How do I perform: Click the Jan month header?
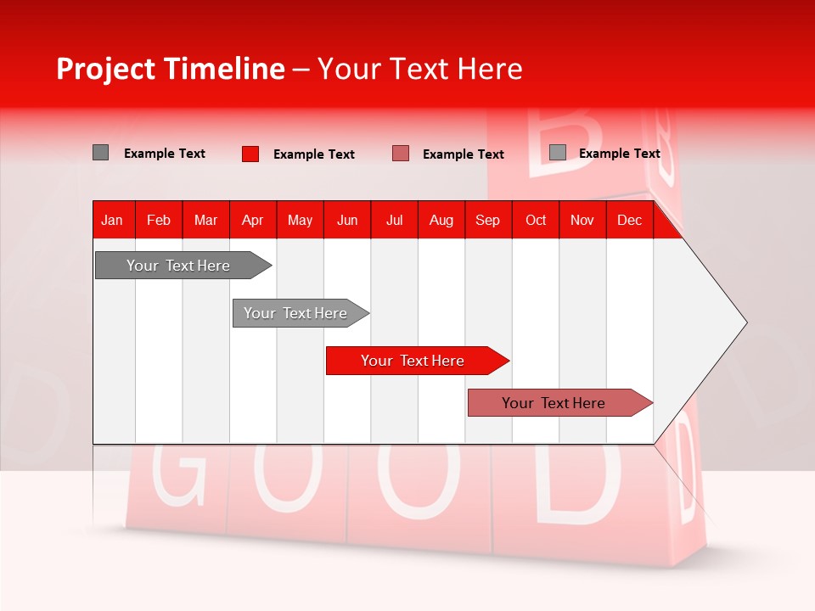112,220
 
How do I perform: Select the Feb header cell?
159,220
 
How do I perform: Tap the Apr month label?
253,220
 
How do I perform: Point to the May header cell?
300,220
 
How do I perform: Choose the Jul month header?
394,220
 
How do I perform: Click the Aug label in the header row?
441,220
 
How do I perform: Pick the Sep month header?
488,220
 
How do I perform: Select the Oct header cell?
536,220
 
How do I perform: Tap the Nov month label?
582,220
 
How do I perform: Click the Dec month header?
630,220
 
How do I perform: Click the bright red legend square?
250,154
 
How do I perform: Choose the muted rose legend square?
401,154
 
